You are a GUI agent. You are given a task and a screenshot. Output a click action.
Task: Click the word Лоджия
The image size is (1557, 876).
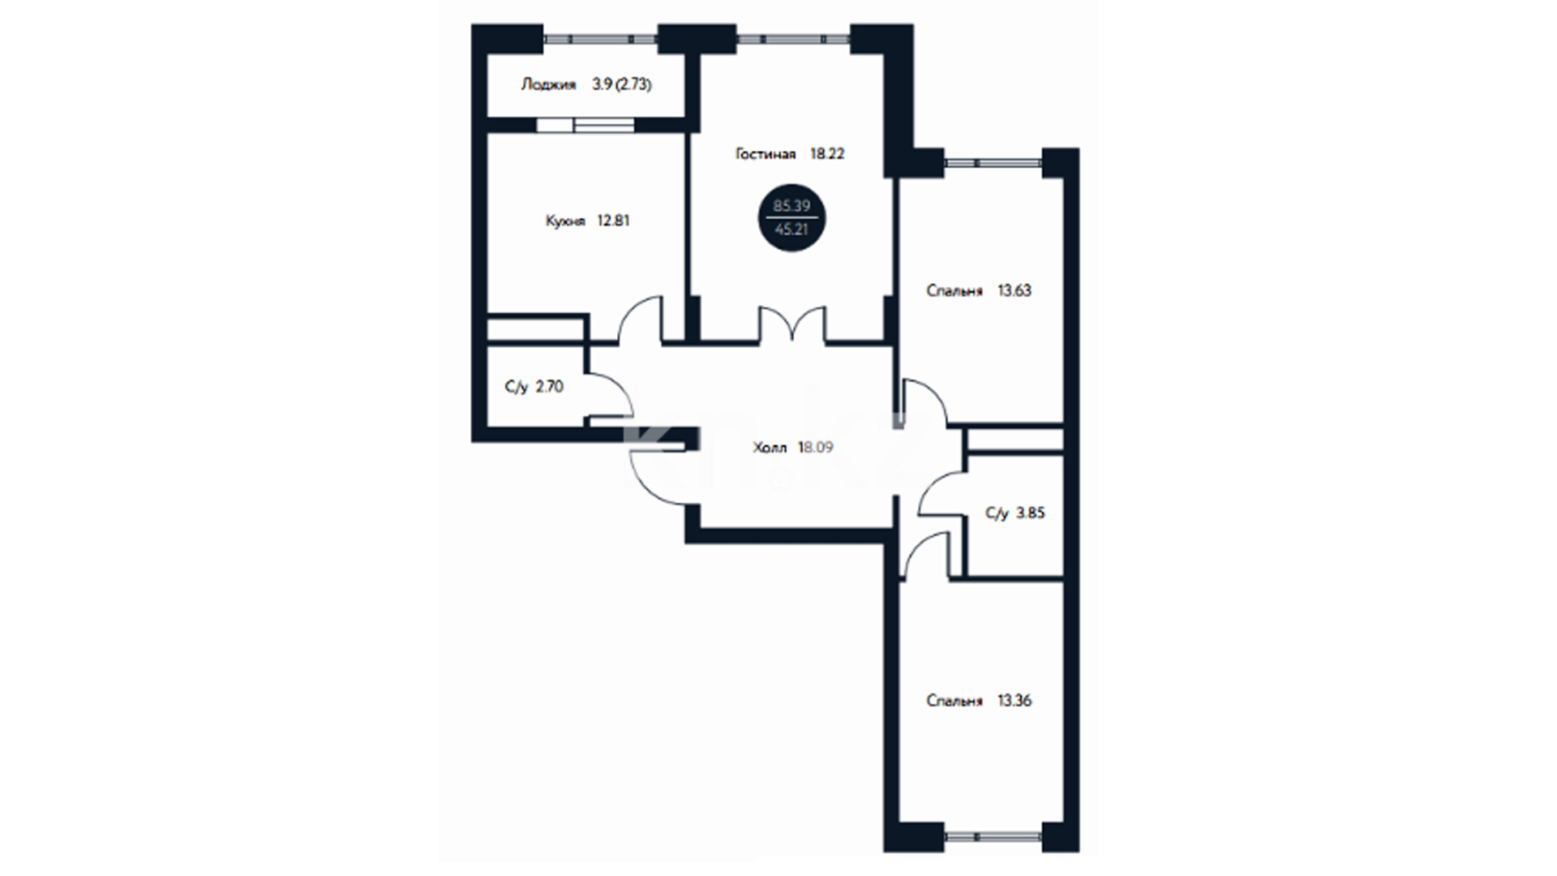point(548,84)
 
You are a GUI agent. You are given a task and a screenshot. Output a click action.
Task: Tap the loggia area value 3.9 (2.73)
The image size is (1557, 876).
point(622,84)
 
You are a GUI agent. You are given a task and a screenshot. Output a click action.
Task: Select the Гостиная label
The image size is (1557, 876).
point(766,153)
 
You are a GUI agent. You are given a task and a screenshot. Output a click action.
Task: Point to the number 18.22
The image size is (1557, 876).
point(827,153)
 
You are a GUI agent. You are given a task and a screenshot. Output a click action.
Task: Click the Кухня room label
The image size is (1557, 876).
point(566,221)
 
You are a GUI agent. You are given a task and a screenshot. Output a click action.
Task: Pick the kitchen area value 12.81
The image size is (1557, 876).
point(613,221)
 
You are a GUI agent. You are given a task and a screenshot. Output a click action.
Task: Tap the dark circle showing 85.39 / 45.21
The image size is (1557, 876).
point(792,217)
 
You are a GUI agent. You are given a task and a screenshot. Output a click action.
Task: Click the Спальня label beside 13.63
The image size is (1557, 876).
point(954,290)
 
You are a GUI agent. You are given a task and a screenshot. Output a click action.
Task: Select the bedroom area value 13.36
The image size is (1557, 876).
point(1014,701)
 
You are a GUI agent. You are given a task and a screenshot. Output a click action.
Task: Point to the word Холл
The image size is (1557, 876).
point(770,448)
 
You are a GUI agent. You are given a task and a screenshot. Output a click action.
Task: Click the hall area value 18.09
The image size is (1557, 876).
point(816,448)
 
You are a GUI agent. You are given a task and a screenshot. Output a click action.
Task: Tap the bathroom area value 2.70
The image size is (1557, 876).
point(550,387)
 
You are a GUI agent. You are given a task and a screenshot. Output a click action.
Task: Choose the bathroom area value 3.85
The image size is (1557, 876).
point(1031,513)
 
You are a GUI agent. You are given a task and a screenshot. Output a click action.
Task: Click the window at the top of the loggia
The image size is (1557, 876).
point(600,37)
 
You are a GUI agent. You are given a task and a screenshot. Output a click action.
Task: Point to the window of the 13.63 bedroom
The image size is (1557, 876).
point(993,162)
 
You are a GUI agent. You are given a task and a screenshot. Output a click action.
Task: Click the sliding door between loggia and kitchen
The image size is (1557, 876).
point(585,125)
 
